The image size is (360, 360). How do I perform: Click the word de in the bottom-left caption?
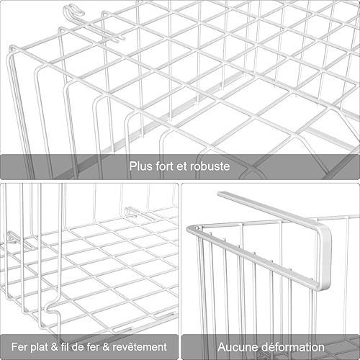(82, 347)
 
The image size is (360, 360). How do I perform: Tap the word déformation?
(292, 347)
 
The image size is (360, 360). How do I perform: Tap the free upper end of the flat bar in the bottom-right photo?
(221, 195)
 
